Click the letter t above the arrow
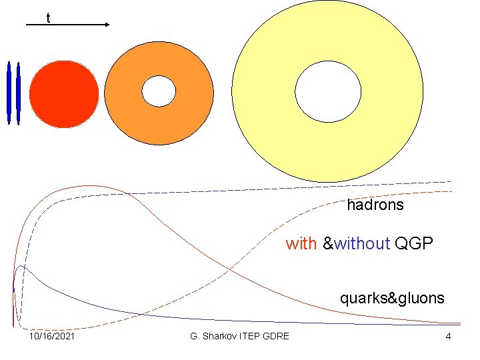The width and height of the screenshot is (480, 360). (x=48, y=18)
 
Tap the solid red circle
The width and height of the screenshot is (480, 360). (x=64, y=93)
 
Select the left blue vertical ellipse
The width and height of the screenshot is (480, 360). (x=9, y=93)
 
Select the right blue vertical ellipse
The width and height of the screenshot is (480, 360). (x=18, y=93)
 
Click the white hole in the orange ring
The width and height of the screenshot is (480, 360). (x=159, y=91)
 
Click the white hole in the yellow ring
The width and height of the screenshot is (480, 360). (x=327, y=93)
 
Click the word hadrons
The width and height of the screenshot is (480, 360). (x=375, y=205)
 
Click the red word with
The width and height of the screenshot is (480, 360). (x=301, y=244)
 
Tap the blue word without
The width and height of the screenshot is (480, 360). (x=361, y=244)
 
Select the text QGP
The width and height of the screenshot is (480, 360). (x=413, y=244)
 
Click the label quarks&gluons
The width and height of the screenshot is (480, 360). (x=391, y=298)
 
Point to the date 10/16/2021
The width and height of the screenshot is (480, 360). (x=51, y=336)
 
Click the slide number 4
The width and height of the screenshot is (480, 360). (x=448, y=336)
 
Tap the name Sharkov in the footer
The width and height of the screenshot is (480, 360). (x=222, y=336)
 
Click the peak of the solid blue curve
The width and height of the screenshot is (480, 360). (x=22, y=266)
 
